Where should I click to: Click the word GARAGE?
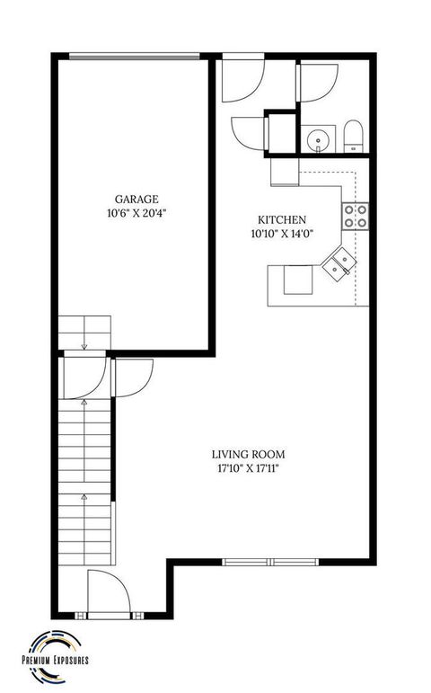[136, 200]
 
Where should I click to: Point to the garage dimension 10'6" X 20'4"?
[136, 214]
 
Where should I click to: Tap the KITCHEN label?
[283, 220]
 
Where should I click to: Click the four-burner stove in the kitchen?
[354, 214]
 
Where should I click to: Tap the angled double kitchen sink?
[339, 262]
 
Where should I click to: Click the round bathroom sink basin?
[316, 139]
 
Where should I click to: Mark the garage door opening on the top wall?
[135, 58]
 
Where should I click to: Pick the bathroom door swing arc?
[317, 84]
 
